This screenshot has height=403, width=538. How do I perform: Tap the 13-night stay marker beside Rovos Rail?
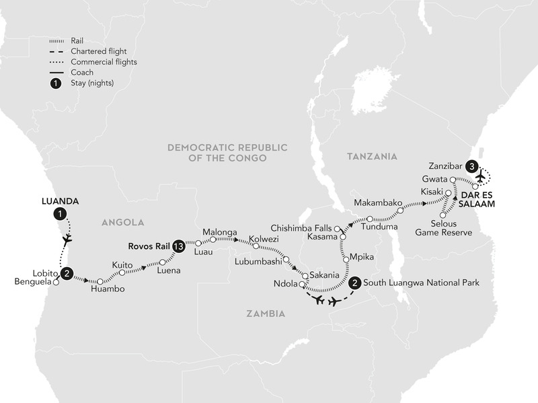[178, 246]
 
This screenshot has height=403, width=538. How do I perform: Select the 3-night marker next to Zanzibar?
[473, 166]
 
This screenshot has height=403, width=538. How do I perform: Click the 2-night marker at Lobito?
[67, 273]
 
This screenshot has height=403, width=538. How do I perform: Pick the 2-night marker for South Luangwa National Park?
[354, 283]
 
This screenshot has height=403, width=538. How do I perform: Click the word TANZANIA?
[372, 155]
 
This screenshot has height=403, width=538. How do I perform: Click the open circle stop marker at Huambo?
[100, 281]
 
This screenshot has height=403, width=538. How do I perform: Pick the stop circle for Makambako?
[401, 211]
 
